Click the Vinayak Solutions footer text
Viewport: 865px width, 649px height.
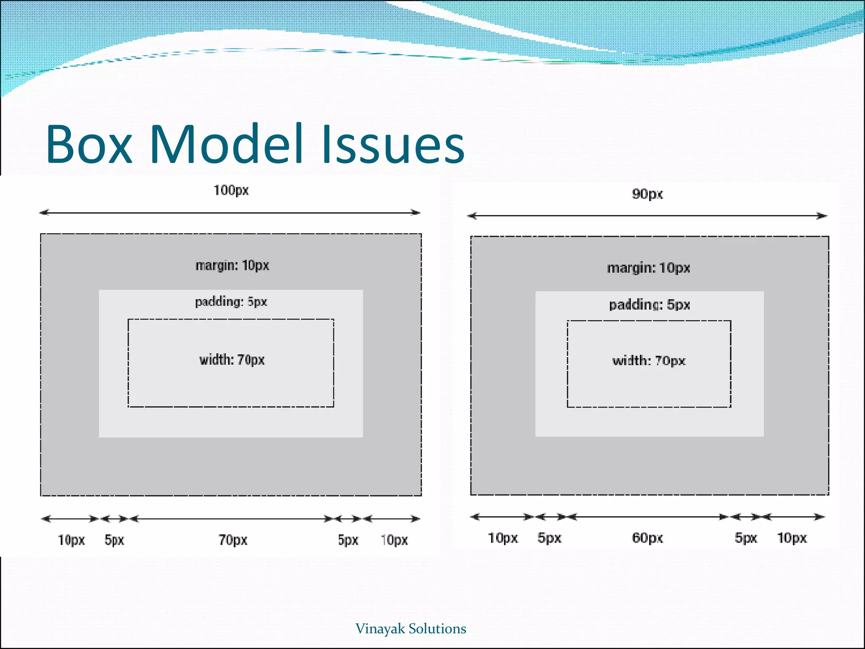[x=411, y=629]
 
